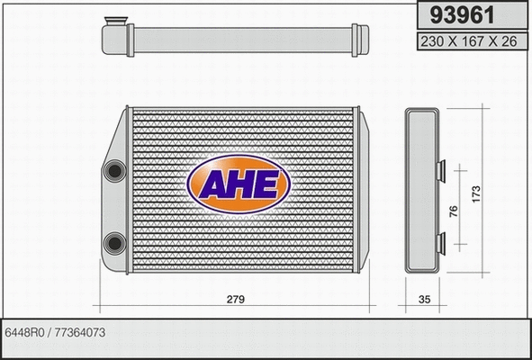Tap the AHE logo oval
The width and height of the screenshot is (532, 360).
pos(238,184)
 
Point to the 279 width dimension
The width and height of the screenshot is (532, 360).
pos(237,299)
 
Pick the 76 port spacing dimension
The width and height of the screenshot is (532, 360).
pos(454,210)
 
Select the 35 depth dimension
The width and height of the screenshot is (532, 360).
pos(421,299)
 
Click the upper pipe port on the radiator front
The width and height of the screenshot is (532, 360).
pos(114,170)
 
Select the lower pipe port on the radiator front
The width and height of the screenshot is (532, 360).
pos(114,241)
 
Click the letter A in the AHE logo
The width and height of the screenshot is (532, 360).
pos(216,184)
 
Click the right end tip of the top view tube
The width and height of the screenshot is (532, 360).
pos(365,39)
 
